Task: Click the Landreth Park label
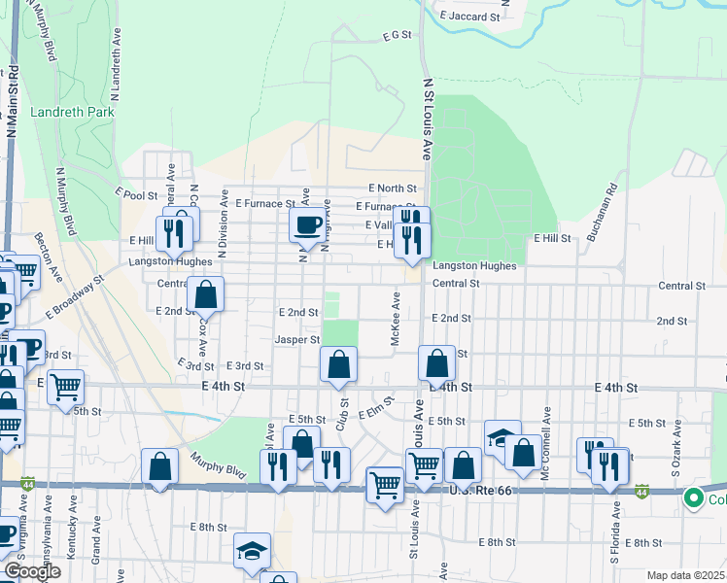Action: point(72,112)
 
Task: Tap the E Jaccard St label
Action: point(469,17)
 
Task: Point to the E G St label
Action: point(398,35)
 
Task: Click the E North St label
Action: point(392,188)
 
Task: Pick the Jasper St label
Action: point(296,340)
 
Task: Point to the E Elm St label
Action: point(375,407)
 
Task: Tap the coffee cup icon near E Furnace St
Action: point(307,225)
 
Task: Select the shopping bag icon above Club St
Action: point(338,365)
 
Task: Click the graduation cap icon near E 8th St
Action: point(252,551)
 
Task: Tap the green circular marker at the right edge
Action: point(693,499)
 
